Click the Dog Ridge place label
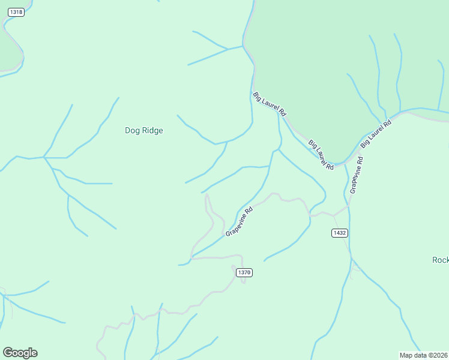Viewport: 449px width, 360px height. [143, 130]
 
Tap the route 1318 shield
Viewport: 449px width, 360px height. [17, 12]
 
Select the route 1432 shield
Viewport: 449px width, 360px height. [340, 232]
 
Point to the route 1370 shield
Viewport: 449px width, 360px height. [244, 272]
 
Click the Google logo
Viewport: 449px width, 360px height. [20, 353]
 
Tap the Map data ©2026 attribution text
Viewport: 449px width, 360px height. [423, 355]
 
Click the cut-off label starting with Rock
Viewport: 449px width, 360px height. [440, 260]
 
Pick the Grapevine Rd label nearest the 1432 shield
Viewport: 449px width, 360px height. [357, 175]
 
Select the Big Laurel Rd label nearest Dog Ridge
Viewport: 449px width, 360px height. [270, 104]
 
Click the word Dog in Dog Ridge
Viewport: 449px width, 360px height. [132, 130]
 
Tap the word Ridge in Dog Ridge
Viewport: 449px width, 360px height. [152, 130]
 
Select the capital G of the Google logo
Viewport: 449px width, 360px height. [8, 353]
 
